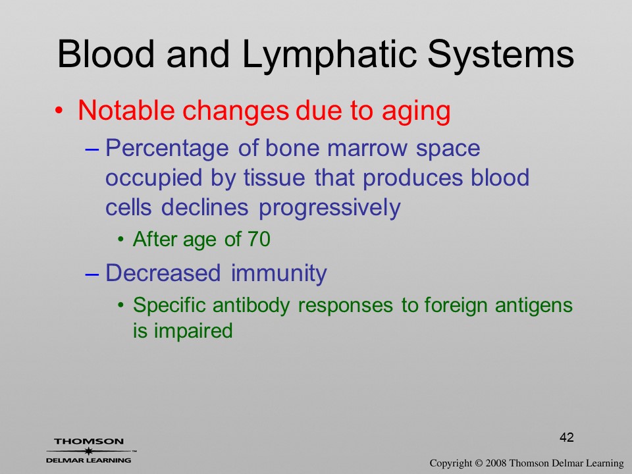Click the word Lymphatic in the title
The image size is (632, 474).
pyautogui.click(x=329, y=55)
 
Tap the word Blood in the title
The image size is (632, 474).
pyautogui.click(x=106, y=53)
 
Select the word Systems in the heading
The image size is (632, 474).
pyautogui.click(x=500, y=55)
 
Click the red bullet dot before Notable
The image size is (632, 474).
pyautogui.click(x=59, y=110)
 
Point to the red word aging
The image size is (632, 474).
pyautogui.click(x=416, y=112)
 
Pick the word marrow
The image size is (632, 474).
pyautogui.click(x=367, y=148)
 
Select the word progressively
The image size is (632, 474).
pyautogui.click(x=330, y=209)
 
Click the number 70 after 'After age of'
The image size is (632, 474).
pyautogui.click(x=258, y=239)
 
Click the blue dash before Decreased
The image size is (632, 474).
pyautogui.click(x=92, y=275)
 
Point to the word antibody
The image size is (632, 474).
pyautogui.click(x=251, y=305)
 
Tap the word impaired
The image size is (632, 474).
pyautogui.click(x=194, y=331)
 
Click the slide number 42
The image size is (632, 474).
pyautogui.click(x=567, y=437)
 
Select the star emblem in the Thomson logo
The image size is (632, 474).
pyautogui.click(x=89, y=450)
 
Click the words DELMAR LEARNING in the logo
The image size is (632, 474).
pyautogui.click(x=89, y=460)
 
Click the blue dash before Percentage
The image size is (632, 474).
pyautogui.click(x=92, y=149)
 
